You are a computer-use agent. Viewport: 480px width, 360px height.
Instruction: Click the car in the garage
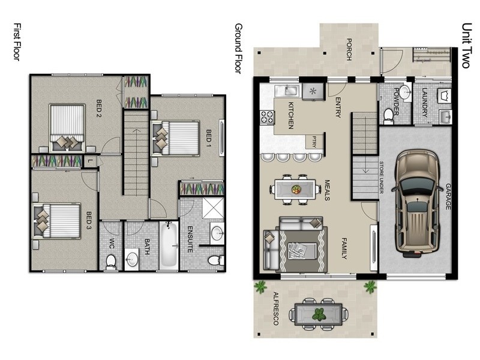[x=417, y=202]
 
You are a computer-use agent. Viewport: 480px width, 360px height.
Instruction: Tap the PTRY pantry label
[x=314, y=142]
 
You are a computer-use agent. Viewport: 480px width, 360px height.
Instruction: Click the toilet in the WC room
[x=111, y=262]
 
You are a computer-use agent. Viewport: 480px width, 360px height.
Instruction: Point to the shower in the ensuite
[x=214, y=208]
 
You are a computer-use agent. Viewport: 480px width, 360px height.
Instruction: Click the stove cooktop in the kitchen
[x=267, y=117]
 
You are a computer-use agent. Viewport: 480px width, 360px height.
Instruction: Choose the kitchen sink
[x=287, y=91]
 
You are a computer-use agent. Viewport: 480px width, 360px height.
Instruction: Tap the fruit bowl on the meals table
[x=296, y=189]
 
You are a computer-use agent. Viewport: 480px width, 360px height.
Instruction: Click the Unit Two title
[x=466, y=46]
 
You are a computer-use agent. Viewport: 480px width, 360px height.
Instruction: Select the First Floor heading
[x=17, y=42]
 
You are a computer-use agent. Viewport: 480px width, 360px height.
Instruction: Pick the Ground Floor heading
[x=238, y=49]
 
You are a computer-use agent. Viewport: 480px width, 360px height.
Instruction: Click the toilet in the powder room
[x=389, y=116]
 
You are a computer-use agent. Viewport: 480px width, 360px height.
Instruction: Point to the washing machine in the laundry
[x=445, y=95]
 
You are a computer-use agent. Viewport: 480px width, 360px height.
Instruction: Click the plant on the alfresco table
[x=319, y=314]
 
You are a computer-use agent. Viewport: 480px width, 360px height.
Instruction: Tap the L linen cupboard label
[x=90, y=161]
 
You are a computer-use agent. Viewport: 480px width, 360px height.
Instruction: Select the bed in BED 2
[x=67, y=128]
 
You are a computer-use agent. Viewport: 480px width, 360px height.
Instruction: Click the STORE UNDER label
[x=382, y=177]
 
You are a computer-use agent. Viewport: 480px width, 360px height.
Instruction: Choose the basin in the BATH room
[x=132, y=259]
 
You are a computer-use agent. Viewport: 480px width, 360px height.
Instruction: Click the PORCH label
[x=349, y=49]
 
